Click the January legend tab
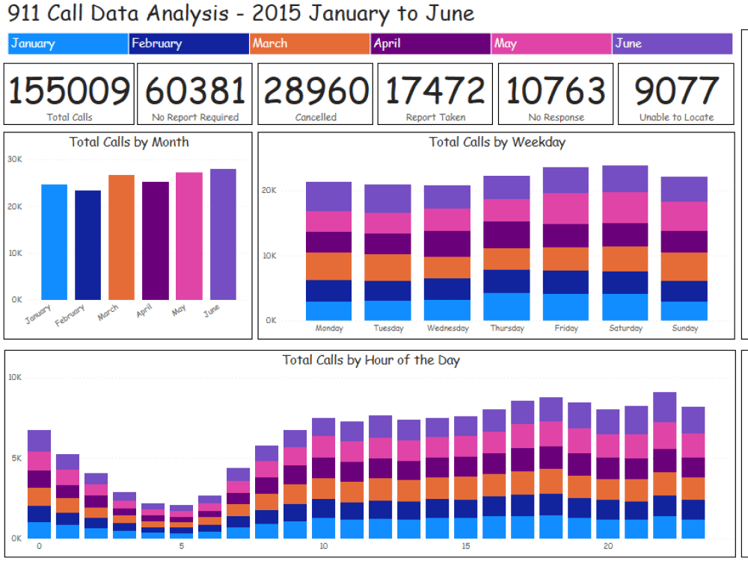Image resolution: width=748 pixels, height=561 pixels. pyautogui.click(x=68, y=43)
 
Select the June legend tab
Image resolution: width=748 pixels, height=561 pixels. pyautogui.click(x=672, y=43)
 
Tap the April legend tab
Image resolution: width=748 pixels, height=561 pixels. pyautogui.click(x=431, y=43)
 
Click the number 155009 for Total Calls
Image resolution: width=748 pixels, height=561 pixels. pyautogui.click(x=69, y=91)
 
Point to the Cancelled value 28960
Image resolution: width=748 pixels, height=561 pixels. pyautogui.click(x=316, y=91)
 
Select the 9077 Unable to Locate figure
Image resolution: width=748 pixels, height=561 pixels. pyautogui.click(x=676, y=91)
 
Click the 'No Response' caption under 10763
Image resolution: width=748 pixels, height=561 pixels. pyautogui.click(x=556, y=117)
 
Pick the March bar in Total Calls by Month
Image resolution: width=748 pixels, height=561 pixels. pyautogui.click(x=121, y=237)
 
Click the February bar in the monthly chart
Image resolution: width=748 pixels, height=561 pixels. pyautogui.click(x=88, y=245)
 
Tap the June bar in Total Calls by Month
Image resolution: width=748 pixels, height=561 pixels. pyautogui.click(x=223, y=234)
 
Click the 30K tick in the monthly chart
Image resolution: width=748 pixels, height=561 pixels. pyautogui.click(x=14, y=159)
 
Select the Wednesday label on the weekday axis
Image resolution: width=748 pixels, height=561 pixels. pyautogui.click(x=447, y=328)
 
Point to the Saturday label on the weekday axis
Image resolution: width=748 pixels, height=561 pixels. pyautogui.click(x=625, y=328)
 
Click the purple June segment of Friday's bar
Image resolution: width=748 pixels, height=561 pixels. pyautogui.click(x=565, y=180)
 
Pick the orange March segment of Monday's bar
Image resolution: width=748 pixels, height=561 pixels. pyautogui.click(x=328, y=266)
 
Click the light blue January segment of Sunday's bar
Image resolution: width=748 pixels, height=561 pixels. pyautogui.click(x=684, y=311)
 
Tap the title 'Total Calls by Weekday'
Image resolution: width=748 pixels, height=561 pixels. pyautogui.click(x=497, y=142)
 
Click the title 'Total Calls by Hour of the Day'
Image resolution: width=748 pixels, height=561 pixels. pyautogui.click(x=371, y=361)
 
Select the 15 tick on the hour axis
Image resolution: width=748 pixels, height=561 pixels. pyautogui.click(x=466, y=547)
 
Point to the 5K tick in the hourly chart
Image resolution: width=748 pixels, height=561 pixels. pyautogui.click(x=14, y=458)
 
